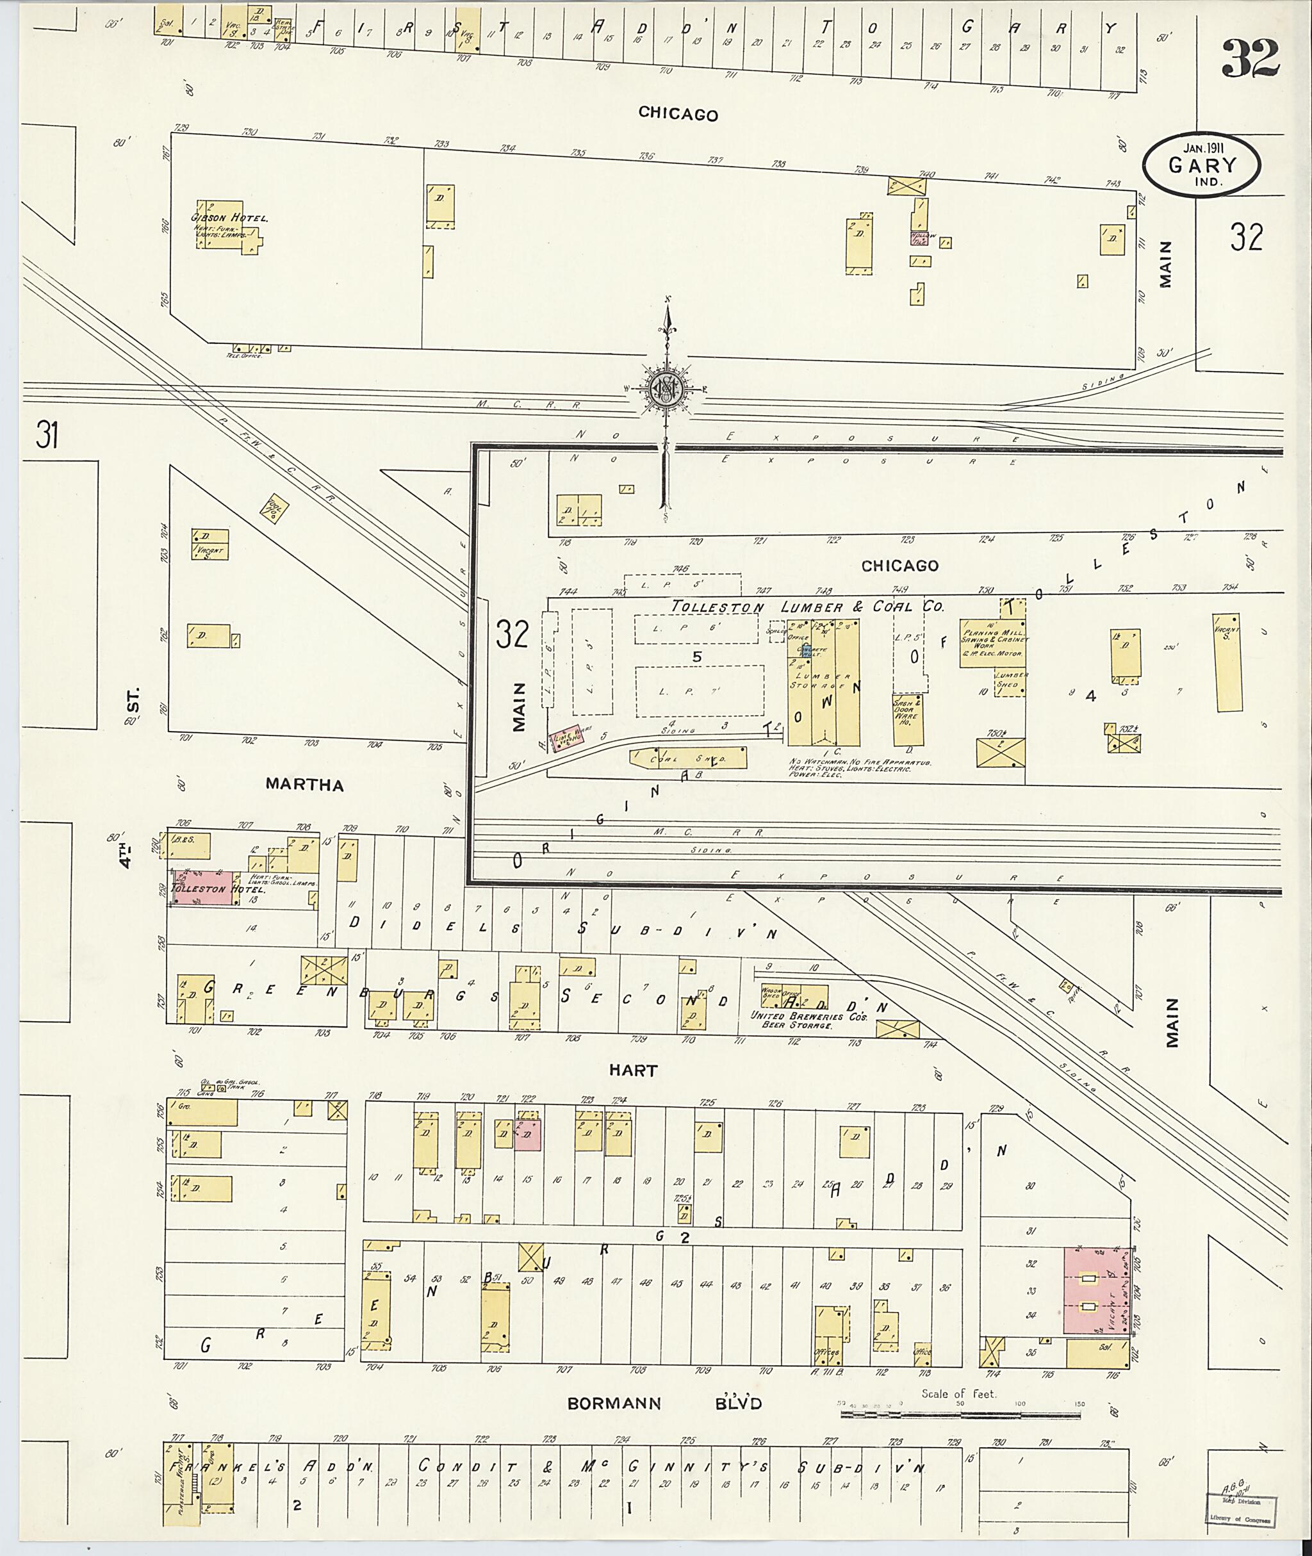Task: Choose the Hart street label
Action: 633,1070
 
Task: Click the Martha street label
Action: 305,785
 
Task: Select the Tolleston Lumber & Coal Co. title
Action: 807,607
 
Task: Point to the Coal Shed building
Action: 688,758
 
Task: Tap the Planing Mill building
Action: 992,643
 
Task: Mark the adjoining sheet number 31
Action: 46,435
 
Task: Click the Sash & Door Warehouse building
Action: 907,720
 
